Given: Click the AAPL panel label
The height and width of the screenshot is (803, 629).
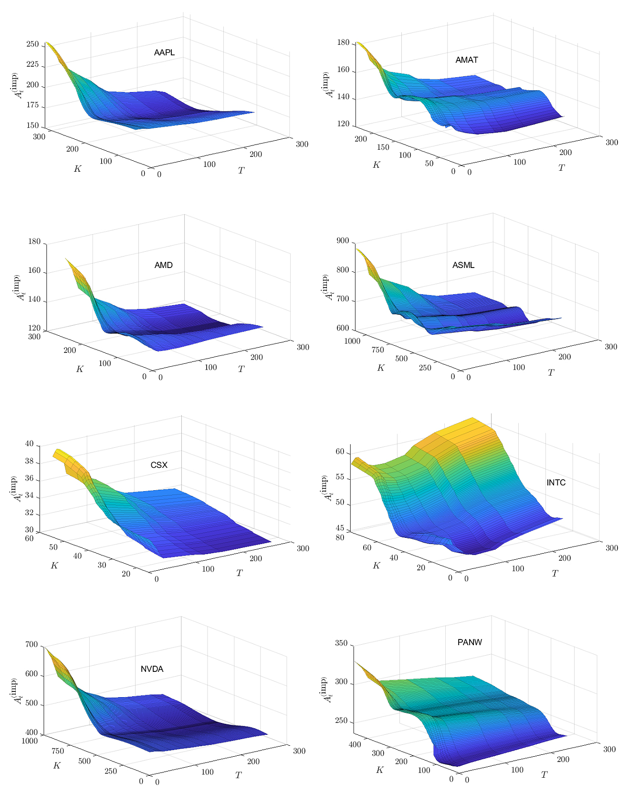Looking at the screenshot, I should click(x=164, y=52).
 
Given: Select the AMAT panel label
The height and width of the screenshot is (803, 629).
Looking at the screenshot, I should click(x=466, y=60).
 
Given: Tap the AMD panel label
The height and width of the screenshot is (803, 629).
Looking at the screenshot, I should click(x=163, y=265).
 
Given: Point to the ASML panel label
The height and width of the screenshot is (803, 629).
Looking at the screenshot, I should click(x=463, y=265).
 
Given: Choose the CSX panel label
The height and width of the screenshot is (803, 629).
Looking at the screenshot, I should click(x=159, y=465).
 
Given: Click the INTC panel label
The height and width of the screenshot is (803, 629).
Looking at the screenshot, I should click(x=556, y=483).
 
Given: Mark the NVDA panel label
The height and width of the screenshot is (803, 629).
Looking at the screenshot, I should click(x=152, y=669).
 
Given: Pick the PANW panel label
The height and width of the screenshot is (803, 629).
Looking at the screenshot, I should click(x=470, y=642).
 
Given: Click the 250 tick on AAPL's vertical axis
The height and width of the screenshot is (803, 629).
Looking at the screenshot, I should click(x=32, y=44).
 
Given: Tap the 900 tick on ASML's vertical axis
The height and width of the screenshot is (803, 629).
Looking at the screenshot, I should click(x=342, y=241).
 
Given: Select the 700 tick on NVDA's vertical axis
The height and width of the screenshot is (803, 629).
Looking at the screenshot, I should click(x=31, y=645).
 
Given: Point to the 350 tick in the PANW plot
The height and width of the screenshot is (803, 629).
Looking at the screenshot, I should click(x=341, y=643).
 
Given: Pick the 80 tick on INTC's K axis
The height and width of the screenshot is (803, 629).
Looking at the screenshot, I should click(x=340, y=538).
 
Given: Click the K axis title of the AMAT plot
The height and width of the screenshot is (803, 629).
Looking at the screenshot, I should click(x=377, y=165).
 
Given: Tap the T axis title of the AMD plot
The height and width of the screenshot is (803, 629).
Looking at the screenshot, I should click(x=241, y=369).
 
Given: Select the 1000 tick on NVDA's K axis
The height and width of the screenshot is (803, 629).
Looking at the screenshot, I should click(x=29, y=741).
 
